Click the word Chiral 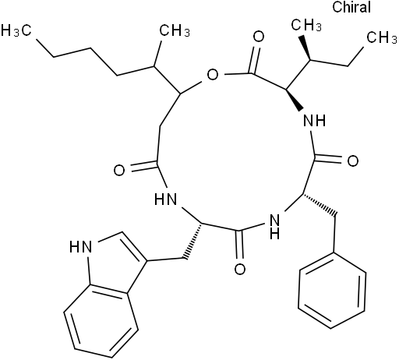351,7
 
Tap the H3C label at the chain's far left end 16,30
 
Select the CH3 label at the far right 382,37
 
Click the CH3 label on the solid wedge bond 306,25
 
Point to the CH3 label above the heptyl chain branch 175,30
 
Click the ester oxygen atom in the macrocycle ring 213,76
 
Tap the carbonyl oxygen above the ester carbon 259,37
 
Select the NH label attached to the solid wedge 315,121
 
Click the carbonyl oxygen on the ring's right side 353,161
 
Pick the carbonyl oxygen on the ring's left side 119,171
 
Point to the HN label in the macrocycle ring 165,199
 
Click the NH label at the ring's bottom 275,227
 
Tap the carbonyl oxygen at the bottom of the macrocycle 240,270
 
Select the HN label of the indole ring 81,247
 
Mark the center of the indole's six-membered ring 101,321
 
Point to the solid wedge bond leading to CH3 305,48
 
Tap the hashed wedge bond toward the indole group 192,241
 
